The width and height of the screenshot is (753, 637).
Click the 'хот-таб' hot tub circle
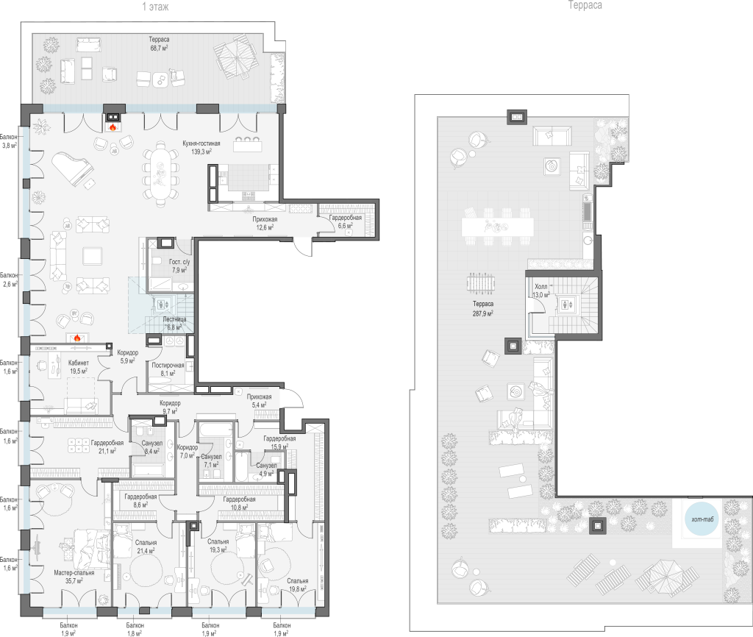[702, 519]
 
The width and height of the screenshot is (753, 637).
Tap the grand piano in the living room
[73, 168]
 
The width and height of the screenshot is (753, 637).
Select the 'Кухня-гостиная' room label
[201, 143]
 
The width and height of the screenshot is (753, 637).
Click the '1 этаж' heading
[156, 7]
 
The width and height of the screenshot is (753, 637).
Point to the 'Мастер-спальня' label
[74, 572]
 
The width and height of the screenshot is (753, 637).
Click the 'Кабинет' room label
[78, 363]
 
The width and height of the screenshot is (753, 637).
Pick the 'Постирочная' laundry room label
[168, 365]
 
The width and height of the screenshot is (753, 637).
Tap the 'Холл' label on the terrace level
[540, 286]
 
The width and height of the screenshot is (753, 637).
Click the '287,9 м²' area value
[483, 313]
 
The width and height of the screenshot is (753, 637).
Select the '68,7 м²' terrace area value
[159, 48]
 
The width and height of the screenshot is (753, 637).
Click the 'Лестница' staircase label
[174, 319]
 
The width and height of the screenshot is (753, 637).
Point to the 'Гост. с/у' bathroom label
[179, 262]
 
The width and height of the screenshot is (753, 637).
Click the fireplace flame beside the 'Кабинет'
[76, 338]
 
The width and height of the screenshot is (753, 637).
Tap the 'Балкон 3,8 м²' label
[9, 141]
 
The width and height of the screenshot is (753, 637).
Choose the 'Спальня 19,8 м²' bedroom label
[298, 585]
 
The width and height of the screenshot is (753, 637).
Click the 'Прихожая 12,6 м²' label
[265, 224]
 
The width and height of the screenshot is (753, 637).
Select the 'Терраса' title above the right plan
[585, 5]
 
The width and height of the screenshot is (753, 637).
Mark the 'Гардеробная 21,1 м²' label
[107, 446]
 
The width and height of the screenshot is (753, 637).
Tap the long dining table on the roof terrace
[498, 227]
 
